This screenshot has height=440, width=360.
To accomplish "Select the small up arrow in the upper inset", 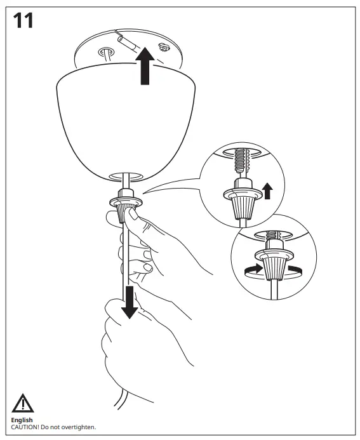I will (x=267, y=190).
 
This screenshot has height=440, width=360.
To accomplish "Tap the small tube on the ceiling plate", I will (x=127, y=46).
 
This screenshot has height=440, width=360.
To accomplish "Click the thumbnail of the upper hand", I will (x=133, y=216).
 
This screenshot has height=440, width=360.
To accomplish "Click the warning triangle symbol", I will (x=23, y=404).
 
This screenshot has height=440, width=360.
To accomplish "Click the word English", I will (x=23, y=420).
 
